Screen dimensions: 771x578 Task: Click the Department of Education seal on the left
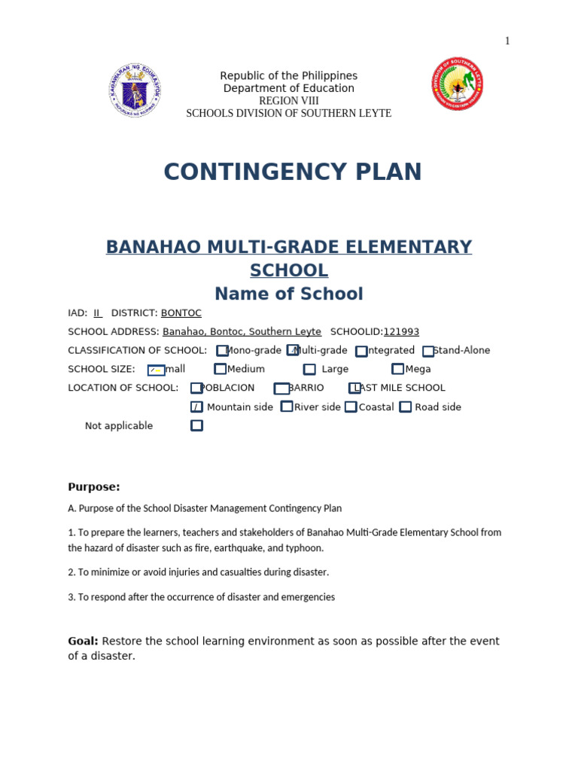click(x=135, y=90)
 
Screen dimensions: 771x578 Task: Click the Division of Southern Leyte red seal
click(x=457, y=84)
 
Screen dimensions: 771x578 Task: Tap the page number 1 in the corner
click(x=507, y=41)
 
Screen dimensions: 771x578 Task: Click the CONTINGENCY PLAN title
click(x=292, y=172)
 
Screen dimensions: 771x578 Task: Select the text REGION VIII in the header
click(x=288, y=101)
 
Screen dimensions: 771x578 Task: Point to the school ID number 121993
click(x=401, y=332)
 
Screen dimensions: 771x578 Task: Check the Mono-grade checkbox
click(x=222, y=351)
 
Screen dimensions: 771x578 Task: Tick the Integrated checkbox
click(x=361, y=351)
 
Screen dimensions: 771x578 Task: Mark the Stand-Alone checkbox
click(x=427, y=351)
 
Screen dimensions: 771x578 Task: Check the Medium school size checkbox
click(x=220, y=369)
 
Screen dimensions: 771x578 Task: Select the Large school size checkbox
click(x=309, y=370)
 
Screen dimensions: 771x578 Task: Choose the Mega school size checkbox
click(x=397, y=369)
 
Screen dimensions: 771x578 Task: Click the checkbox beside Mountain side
click(x=196, y=407)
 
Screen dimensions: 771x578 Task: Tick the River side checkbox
click(x=287, y=407)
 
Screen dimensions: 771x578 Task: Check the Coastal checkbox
click(x=351, y=407)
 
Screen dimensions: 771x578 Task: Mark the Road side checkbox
click(x=406, y=407)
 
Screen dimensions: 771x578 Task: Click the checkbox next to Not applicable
click(x=196, y=425)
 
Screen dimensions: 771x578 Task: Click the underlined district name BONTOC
click(x=181, y=313)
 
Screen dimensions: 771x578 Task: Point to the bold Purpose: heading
click(x=94, y=487)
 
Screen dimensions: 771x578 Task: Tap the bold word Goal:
click(x=83, y=641)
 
